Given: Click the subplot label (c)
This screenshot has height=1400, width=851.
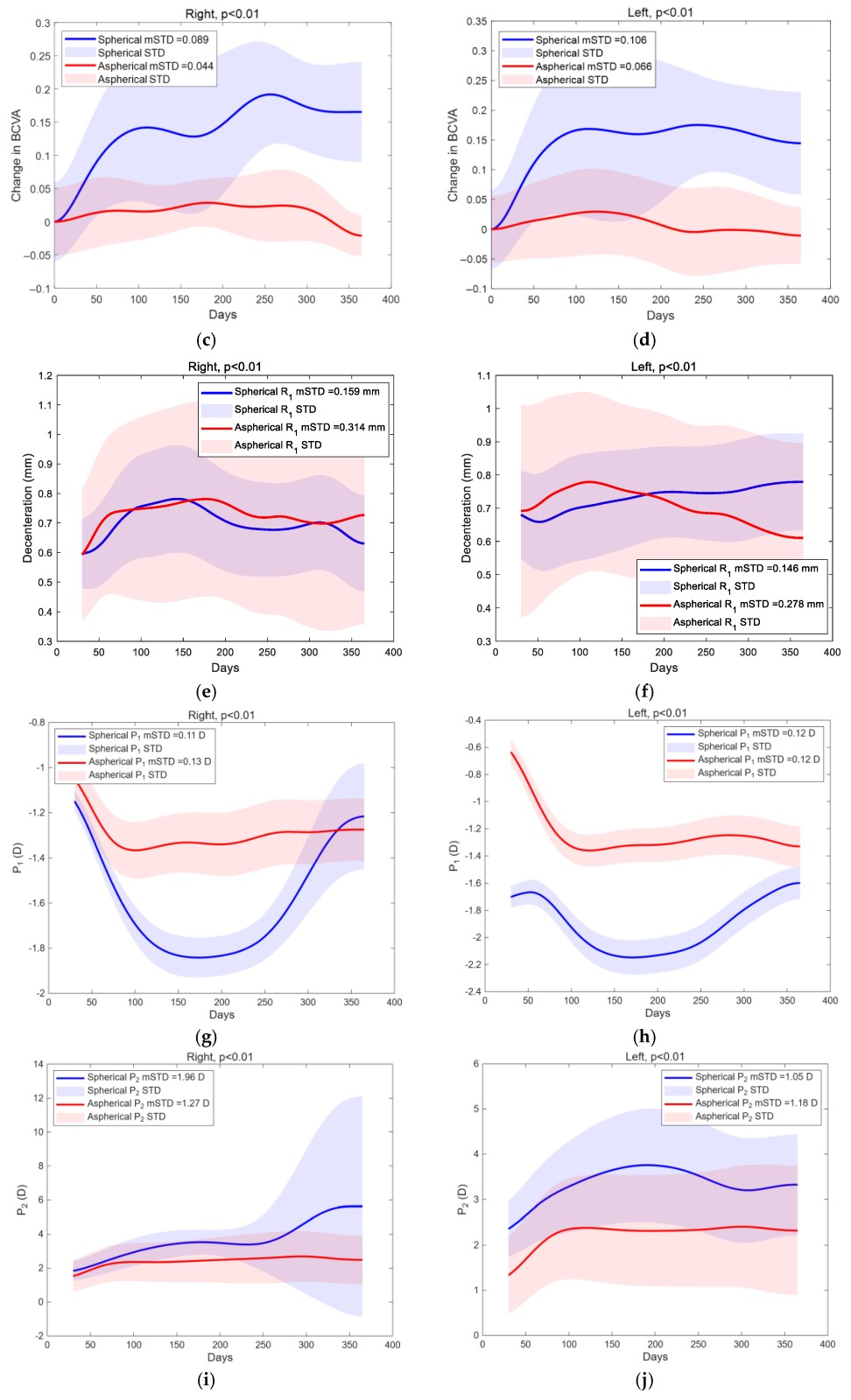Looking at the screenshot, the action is click(206, 340).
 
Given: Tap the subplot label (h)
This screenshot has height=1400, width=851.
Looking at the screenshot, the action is click(644, 1037).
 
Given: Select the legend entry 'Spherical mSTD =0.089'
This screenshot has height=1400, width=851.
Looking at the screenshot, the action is click(153, 39).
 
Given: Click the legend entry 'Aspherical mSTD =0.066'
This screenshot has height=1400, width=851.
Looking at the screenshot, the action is click(594, 66).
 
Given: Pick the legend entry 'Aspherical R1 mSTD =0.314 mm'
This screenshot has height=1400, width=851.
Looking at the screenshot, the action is click(310, 428).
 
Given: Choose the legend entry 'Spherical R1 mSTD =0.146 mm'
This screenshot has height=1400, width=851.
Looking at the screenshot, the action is click(745, 569).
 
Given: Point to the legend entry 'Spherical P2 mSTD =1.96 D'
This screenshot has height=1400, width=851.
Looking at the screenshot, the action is click(145, 1077).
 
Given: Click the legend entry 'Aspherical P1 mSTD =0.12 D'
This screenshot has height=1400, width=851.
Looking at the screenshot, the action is click(758, 759).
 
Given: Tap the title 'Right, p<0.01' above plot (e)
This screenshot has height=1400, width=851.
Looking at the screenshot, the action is click(224, 367).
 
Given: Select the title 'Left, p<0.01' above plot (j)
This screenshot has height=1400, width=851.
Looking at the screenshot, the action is click(655, 1056).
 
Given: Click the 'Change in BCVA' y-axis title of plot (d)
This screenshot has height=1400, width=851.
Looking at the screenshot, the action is click(453, 156).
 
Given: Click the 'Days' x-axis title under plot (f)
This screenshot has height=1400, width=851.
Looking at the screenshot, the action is click(664, 668).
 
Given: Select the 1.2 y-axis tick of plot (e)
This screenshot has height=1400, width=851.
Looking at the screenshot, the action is click(45, 375).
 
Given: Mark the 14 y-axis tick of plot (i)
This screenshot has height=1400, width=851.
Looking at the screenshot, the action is click(39, 1064).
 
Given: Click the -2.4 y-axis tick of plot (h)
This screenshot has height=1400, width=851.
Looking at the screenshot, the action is click(474, 991).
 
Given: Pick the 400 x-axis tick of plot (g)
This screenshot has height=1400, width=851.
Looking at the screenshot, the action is click(394, 1002).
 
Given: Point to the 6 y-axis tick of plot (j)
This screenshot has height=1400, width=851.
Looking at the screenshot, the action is click(475, 1064).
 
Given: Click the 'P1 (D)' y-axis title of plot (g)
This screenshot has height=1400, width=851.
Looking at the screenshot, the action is click(18, 858).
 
